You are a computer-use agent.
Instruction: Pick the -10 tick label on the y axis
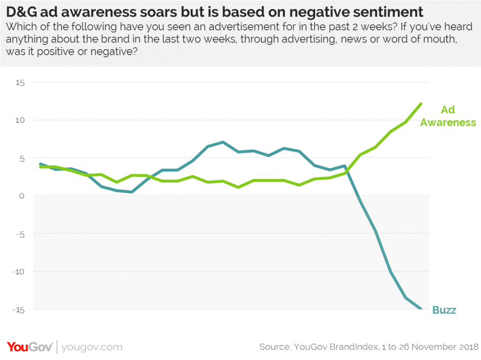point(19,271)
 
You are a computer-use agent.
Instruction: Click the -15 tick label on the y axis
point(19,309)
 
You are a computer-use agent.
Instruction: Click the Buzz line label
point(444,310)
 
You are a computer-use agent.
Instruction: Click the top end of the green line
point(421,104)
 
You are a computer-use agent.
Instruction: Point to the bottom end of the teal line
point(421,309)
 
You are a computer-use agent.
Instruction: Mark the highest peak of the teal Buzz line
point(223,142)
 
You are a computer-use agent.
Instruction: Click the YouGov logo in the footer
point(30,347)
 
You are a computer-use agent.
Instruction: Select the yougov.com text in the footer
point(92,347)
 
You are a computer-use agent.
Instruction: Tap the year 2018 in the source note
point(466,347)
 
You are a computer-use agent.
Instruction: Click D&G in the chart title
point(20,11)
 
